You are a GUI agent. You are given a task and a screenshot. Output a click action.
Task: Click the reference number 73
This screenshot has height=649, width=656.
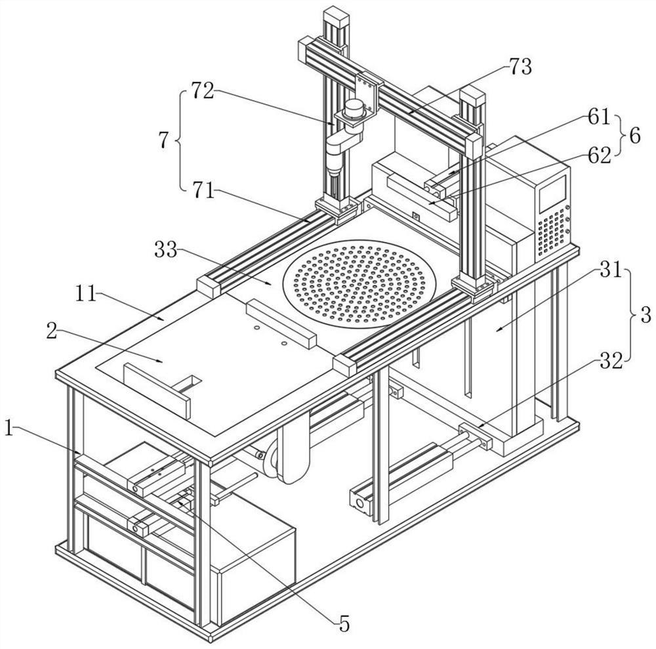520,67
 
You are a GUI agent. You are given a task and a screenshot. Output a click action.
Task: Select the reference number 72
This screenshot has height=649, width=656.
203,91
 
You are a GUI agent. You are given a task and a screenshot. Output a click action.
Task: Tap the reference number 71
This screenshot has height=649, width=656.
204,191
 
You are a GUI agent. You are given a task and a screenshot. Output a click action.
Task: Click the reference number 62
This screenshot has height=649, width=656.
600,156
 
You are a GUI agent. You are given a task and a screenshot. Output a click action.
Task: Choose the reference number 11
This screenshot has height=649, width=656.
86,294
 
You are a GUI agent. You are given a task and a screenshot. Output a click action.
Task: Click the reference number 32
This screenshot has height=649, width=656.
611,361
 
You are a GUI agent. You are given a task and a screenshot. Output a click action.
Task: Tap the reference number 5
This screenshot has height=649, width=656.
344,624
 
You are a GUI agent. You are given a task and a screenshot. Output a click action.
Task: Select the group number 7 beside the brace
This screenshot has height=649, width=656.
163,140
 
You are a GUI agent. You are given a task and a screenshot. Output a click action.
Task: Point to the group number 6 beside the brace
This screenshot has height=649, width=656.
634,136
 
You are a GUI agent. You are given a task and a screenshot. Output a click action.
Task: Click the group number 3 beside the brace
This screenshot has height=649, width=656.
646,315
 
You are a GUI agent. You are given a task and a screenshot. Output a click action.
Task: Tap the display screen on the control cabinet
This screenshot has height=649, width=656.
552,192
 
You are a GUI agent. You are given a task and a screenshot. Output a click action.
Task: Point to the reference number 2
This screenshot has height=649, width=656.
51,331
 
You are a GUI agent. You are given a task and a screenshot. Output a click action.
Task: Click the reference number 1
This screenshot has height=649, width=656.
9,428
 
